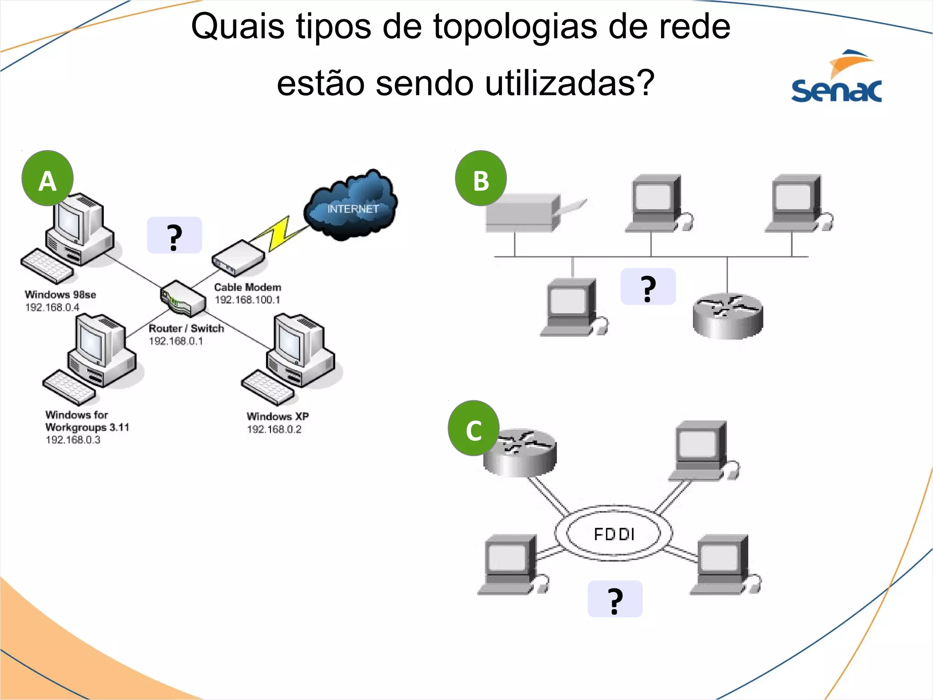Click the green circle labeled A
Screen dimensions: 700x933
tap(47, 179)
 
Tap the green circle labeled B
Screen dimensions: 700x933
tap(481, 179)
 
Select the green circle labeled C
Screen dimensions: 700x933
tap(473, 428)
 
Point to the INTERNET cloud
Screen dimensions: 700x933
tap(352, 205)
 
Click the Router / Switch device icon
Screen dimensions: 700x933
tap(183, 299)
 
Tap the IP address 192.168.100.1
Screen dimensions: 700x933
tap(247, 300)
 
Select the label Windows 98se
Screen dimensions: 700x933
tap(60, 294)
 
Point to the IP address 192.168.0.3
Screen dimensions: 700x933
tap(72, 440)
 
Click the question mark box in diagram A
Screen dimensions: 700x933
tap(174, 236)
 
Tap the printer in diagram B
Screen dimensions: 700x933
tap(528, 212)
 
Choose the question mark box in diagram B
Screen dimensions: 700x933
tap(648, 287)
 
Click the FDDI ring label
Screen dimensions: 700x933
tap(614, 534)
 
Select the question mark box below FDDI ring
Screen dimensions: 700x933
tap(615, 599)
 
